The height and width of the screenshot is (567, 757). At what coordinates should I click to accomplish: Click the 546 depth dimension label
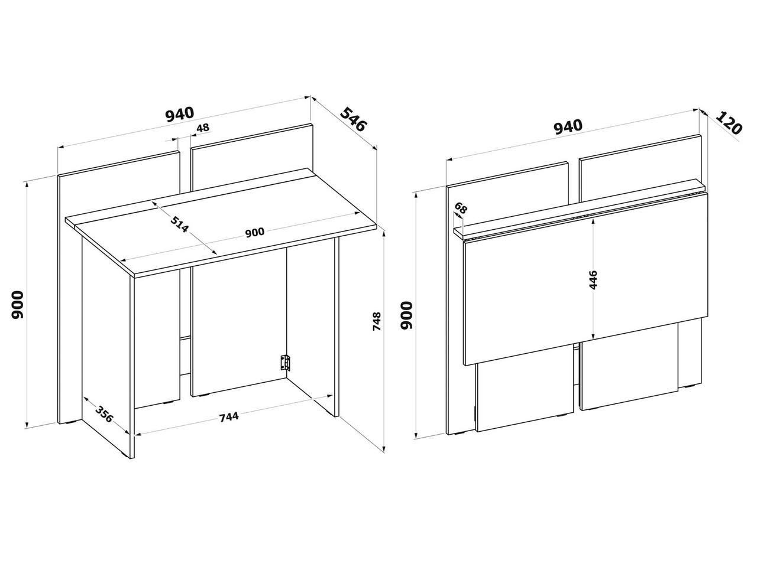(x=353, y=119)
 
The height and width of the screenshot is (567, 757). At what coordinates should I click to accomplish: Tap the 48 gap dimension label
(x=202, y=128)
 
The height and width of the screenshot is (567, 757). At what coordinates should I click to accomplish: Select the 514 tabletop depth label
(x=180, y=224)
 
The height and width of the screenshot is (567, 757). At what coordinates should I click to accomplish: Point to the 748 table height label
(x=377, y=321)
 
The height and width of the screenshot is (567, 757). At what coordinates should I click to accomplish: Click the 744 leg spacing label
(x=229, y=416)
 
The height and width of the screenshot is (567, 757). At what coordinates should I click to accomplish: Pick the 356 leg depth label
(x=104, y=414)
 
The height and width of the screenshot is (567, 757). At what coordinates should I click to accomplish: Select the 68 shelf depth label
(x=461, y=208)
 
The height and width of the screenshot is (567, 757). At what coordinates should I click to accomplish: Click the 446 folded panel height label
(x=593, y=280)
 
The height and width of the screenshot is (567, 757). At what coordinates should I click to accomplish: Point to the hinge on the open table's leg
(x=286, y=363)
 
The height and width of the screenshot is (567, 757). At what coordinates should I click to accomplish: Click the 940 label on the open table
(x=180, y=115)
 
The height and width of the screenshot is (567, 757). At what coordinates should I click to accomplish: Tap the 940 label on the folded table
(x=568, y=126)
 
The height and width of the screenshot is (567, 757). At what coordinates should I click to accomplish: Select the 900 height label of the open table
(x=17, y=304)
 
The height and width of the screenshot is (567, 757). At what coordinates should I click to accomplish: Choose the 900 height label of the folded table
(x=407, y=315)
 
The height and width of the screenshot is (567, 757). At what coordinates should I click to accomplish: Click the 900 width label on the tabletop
(x=255, y=232)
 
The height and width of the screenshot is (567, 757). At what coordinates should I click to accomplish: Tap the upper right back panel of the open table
(x=252, y=157)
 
